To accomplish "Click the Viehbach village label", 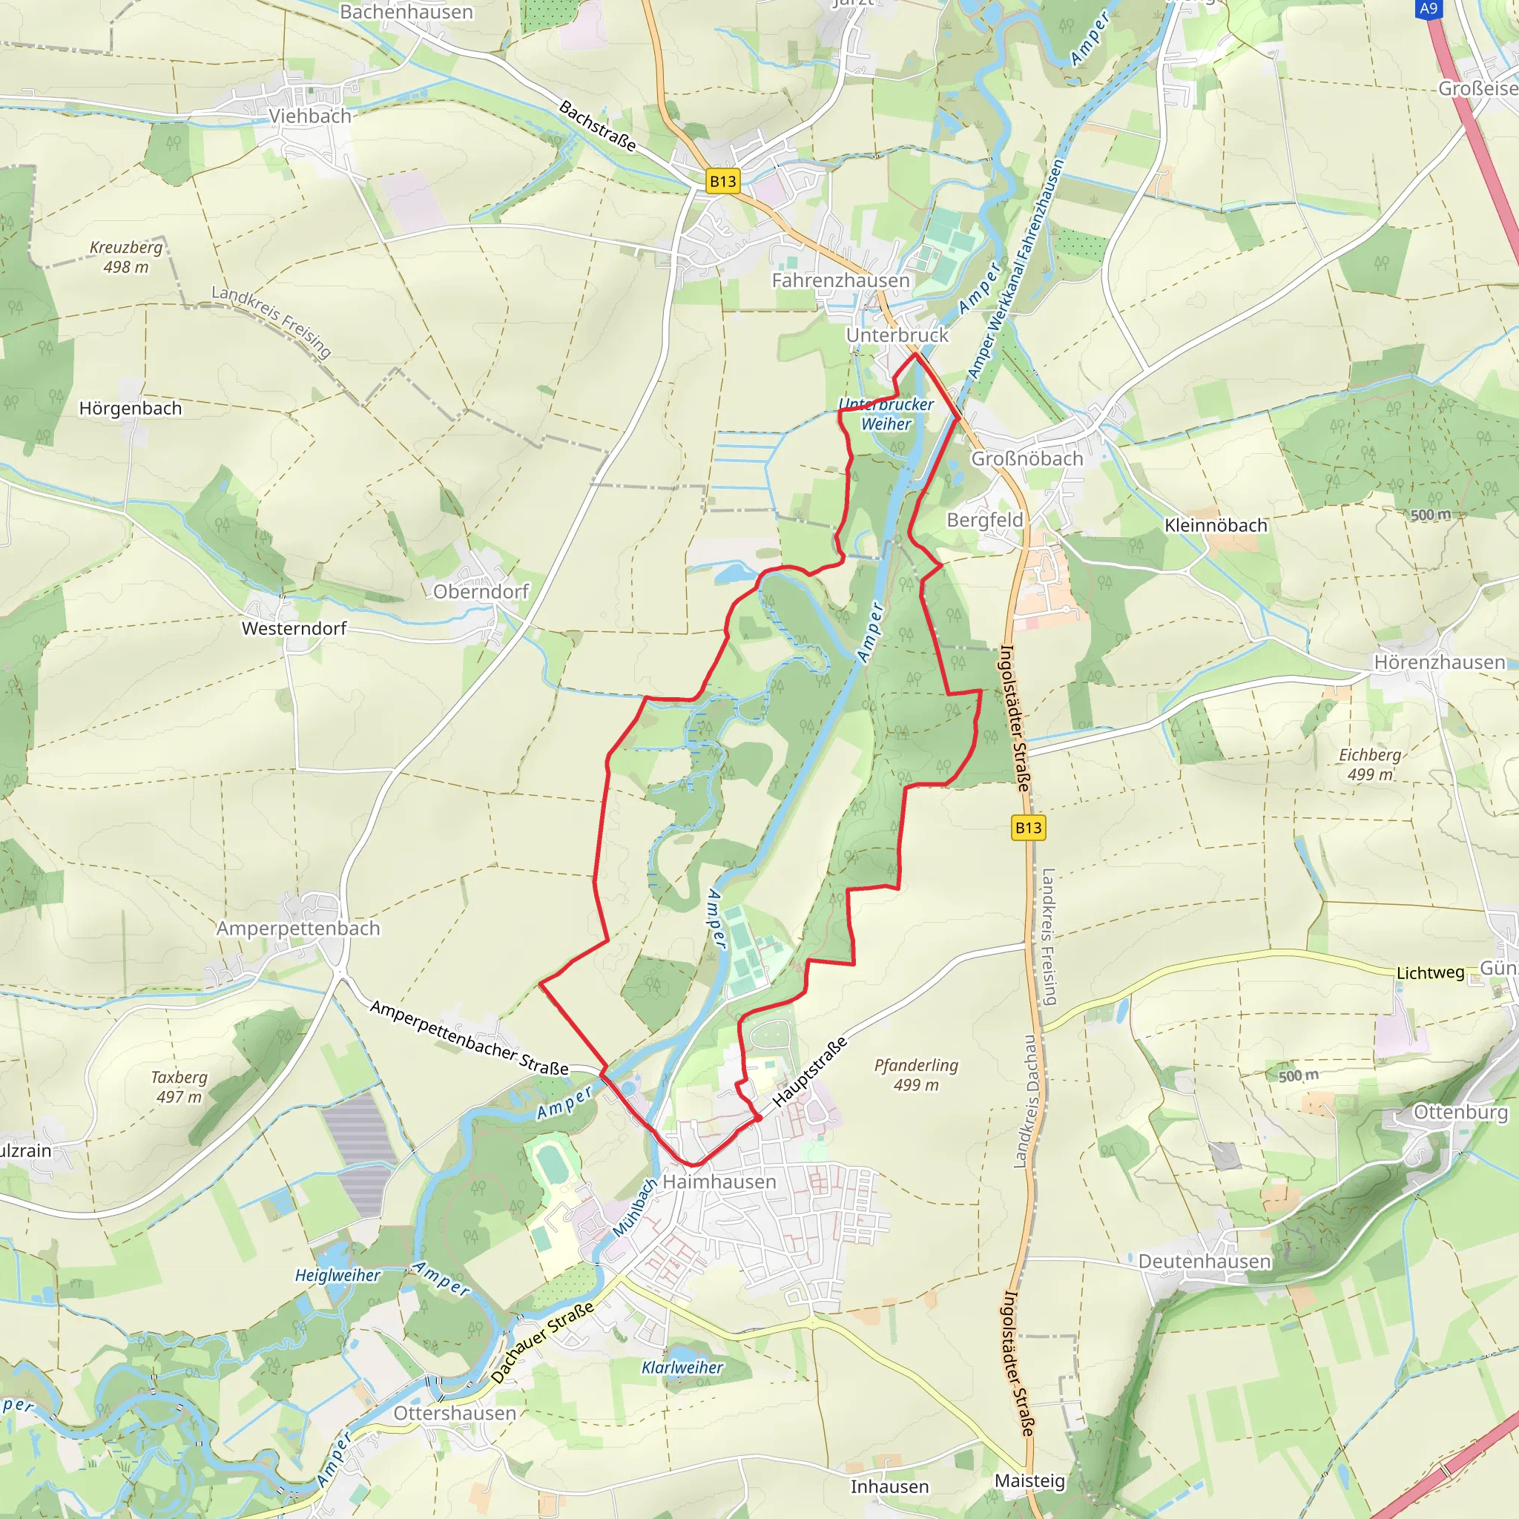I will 310,116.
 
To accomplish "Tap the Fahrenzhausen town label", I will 840,280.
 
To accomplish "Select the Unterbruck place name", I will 897,335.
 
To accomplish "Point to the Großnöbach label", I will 1026,458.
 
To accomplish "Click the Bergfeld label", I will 984,520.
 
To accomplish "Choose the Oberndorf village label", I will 481,591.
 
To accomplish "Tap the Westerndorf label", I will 293,628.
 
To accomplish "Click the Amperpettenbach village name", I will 298,928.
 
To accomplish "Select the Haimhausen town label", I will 719,1182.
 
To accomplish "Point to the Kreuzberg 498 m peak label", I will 126,257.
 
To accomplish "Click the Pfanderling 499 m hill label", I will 916,1075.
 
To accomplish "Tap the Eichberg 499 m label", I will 1370,764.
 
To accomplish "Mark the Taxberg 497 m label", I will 179,1087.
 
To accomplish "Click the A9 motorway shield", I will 1429,9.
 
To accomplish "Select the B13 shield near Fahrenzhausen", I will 722,182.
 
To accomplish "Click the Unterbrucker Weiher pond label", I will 886,415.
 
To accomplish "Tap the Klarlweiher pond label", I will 682,1367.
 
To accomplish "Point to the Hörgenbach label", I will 131,408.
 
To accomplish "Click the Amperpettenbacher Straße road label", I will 469,1038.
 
